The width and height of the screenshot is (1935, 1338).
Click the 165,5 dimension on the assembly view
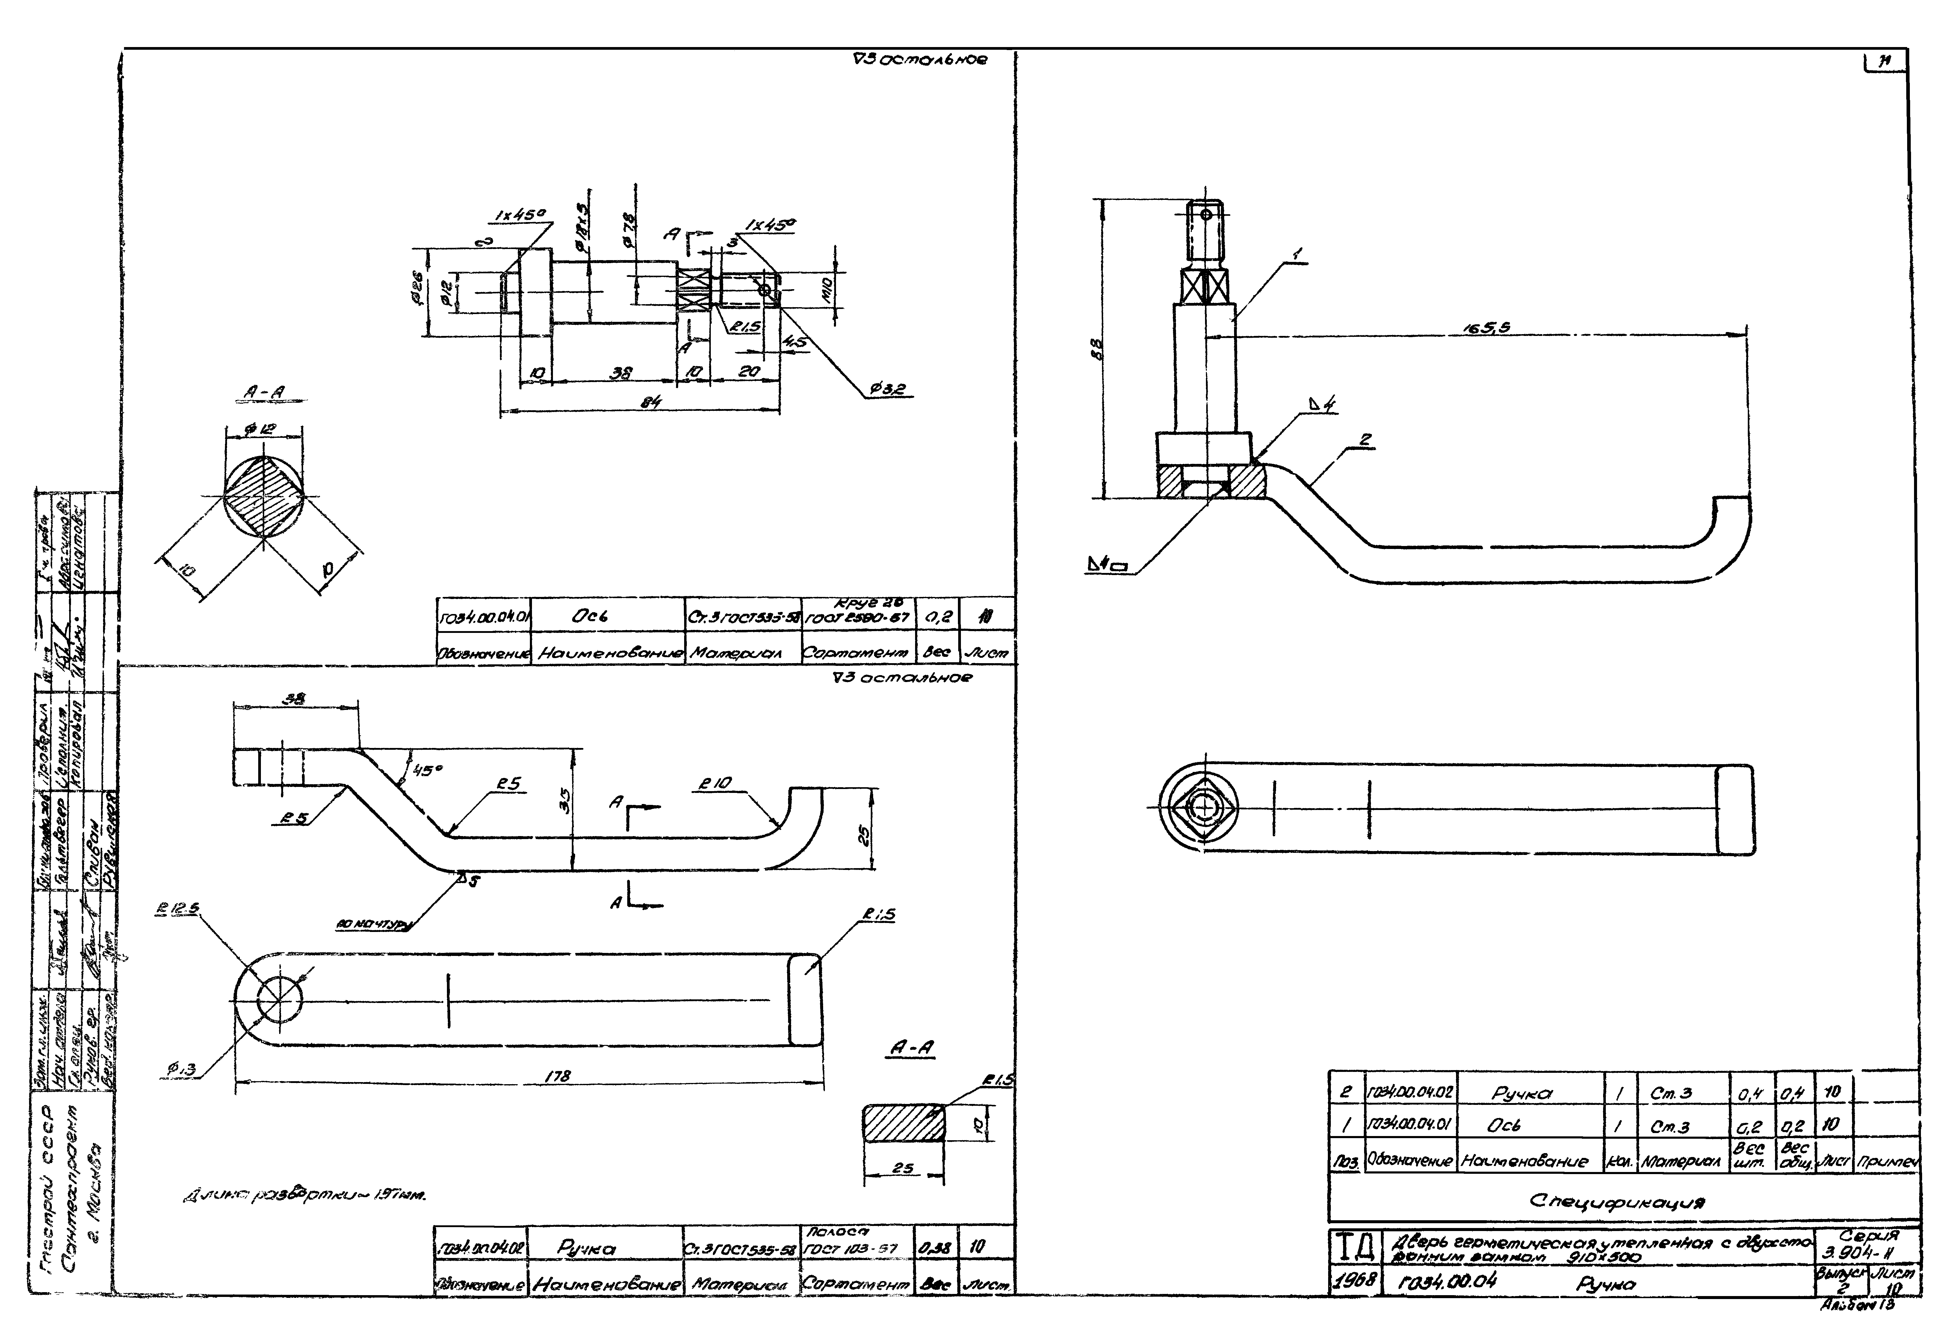pos(1487,328)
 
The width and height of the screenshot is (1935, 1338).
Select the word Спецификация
pos(1617,1200)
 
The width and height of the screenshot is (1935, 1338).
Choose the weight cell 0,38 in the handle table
pos(933,1248)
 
